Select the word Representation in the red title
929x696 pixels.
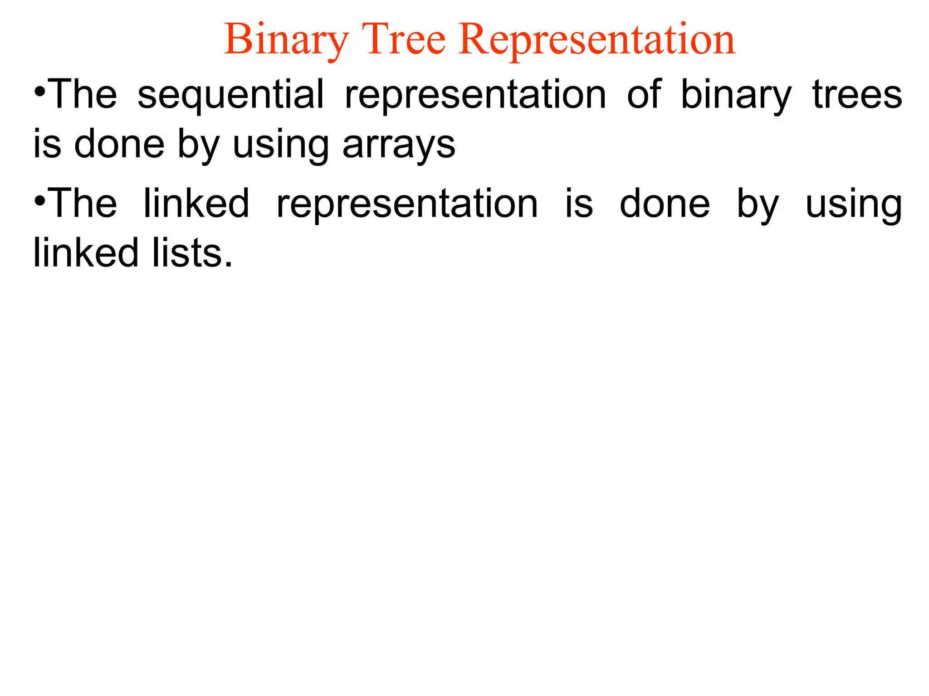click(597, 41)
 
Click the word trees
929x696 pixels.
click(857, 95)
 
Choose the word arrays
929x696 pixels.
click(399, 146)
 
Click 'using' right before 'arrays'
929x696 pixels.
click(280, 146)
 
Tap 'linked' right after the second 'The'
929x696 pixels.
click(196, 203)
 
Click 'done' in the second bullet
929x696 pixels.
click(665, 204)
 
